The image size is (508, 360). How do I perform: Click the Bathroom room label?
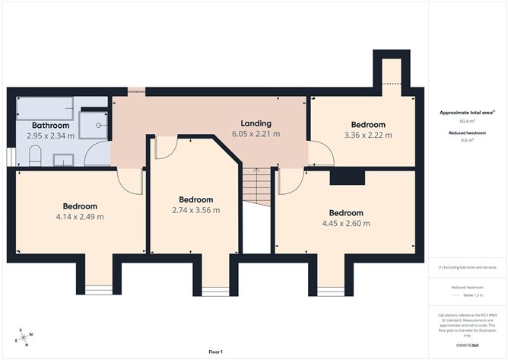(x=50, y=126)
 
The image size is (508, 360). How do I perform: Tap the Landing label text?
(x=256, y=123)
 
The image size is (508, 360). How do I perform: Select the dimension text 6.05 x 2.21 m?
(x=256, y=134)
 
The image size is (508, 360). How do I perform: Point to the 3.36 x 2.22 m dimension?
(x=367, y=135)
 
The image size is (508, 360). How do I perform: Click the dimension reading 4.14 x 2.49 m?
(x=79, y=217)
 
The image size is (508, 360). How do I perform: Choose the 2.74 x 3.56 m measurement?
(x=195, y=210)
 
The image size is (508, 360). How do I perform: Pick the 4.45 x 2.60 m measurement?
(x=346, y=224)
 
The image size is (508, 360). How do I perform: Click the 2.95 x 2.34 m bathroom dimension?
(x=50, y=136)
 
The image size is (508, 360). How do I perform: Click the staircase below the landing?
(x=257, y=187)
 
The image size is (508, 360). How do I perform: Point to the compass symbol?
(x=24, y=337)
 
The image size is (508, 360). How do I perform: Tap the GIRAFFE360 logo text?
(x=467, y=345)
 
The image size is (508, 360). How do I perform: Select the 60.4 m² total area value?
(x=467, y=121)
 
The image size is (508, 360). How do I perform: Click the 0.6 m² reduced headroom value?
(x=467, y=140)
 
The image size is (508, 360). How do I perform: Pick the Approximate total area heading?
(x=466, y=112)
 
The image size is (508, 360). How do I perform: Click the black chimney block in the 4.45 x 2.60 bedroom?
(x=347, y=177)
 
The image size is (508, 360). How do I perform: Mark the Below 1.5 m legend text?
(x=472, y=296)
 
